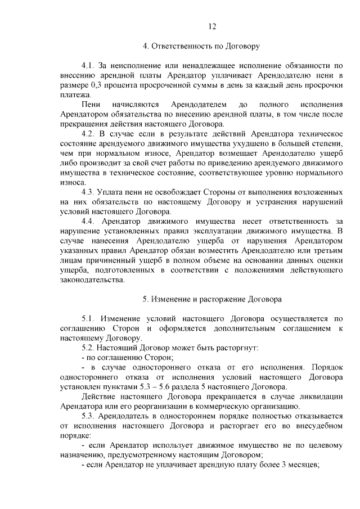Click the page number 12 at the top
click(x=212, y=26)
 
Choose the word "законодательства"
click(x=91, y=280)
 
